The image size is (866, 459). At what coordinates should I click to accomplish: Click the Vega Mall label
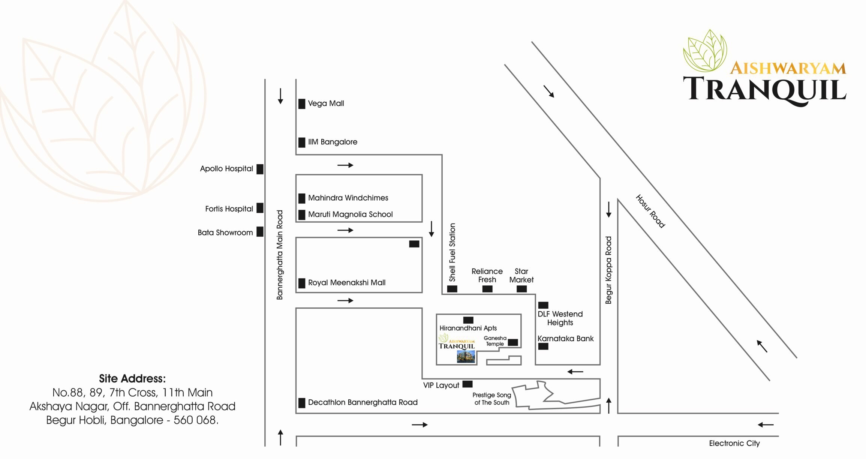[x=325, y=103]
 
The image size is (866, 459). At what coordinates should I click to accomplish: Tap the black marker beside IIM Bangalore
[x=302, y=142]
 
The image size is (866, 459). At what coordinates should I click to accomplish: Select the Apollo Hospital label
[x=226, y=169]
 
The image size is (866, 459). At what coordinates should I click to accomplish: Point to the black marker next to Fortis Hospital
[x=260, y=208]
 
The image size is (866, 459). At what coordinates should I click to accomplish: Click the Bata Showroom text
[x=225, y=232]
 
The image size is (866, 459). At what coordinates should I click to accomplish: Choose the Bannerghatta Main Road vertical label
[x=280, y=255]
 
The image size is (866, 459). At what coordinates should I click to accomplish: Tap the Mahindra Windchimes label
[x=348, y=198]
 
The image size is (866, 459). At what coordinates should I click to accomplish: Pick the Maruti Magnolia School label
[x=350, y=214]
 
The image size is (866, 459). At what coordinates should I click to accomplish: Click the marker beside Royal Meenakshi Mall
[x=302, y=283]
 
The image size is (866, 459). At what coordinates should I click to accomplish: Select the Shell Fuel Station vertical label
[x=452, y=252]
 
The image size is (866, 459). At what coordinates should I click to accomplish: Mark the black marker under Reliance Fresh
[x=487, y=289]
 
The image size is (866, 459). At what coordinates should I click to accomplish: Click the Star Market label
[x=521, y=276]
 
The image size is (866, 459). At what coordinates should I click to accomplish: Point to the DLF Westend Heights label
[x=560, y=318]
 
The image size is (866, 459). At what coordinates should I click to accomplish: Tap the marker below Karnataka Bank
[x=543, y=346]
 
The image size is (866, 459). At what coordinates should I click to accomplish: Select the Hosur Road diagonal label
[x=650, y=211]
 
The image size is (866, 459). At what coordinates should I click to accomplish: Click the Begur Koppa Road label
[x=608, y=270]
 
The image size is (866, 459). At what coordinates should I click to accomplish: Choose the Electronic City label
[x=734, y=443]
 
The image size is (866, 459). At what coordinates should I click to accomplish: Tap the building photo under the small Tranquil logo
[x=466, y=357]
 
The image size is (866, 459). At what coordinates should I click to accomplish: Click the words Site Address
[x=132, y=379]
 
